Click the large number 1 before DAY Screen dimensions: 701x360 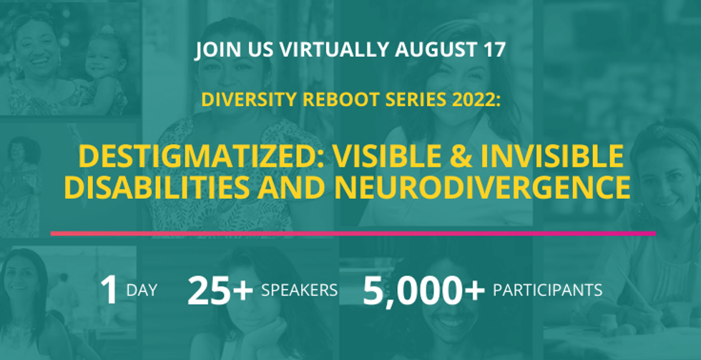(x=109, y=291)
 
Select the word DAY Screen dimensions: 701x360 (x=142, y=291)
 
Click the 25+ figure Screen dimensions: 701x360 (x=220, y=291)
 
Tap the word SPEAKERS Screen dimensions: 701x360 (x=299, y=291)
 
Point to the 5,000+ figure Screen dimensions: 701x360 (x=423, y=291)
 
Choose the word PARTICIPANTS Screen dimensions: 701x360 (x=547, y=291)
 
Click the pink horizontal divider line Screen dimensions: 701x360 (x=353, y=233)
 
